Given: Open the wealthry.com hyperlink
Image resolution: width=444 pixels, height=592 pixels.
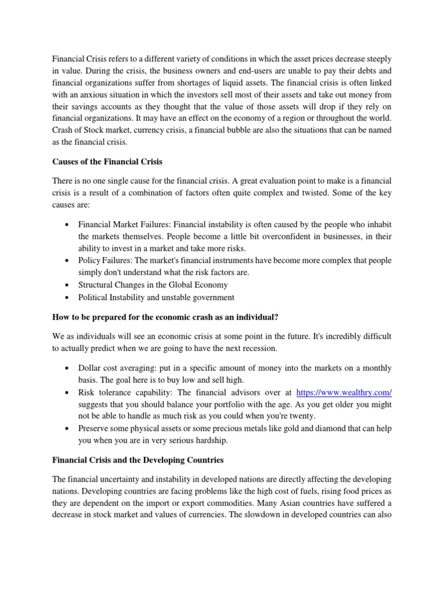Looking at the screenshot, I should click(x=343, y=393).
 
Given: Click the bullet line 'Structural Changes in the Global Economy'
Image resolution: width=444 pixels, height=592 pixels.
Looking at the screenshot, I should click(x=153, y=284).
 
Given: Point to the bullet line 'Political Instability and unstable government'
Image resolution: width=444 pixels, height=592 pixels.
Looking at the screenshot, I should click(x=156, y=297).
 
